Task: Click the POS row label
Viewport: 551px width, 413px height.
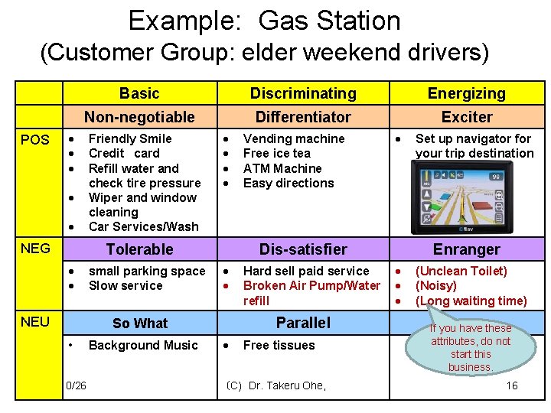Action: point(35,140)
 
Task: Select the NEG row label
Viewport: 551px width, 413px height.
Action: point(35,248)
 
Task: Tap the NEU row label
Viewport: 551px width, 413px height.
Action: point(35,321)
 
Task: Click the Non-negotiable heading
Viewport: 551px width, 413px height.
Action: point(139,117)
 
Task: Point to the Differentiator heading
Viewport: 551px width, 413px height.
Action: point(303,117)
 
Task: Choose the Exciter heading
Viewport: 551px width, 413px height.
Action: point(467,117)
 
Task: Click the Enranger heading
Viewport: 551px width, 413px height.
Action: point(466,249)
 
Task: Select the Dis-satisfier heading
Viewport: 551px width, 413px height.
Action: point(303,249)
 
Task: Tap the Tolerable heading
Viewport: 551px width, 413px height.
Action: point(139,249)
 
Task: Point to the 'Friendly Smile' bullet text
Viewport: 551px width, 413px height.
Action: point(130,138)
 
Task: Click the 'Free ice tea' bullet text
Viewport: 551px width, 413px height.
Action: point(276,153)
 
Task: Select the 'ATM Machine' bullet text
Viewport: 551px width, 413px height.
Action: point(282,168)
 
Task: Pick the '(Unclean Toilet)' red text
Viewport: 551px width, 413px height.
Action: point(461,271)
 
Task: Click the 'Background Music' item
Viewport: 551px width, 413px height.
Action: point(143,345)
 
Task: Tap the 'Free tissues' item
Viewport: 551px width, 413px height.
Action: point(279,345)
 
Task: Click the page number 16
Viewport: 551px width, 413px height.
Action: point(512,385)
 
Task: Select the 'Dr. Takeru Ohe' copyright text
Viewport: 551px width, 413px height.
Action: point(276,385)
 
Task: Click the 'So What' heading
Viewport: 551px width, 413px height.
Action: point(139,323)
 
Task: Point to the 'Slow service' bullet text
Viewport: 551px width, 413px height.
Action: point(126,285)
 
